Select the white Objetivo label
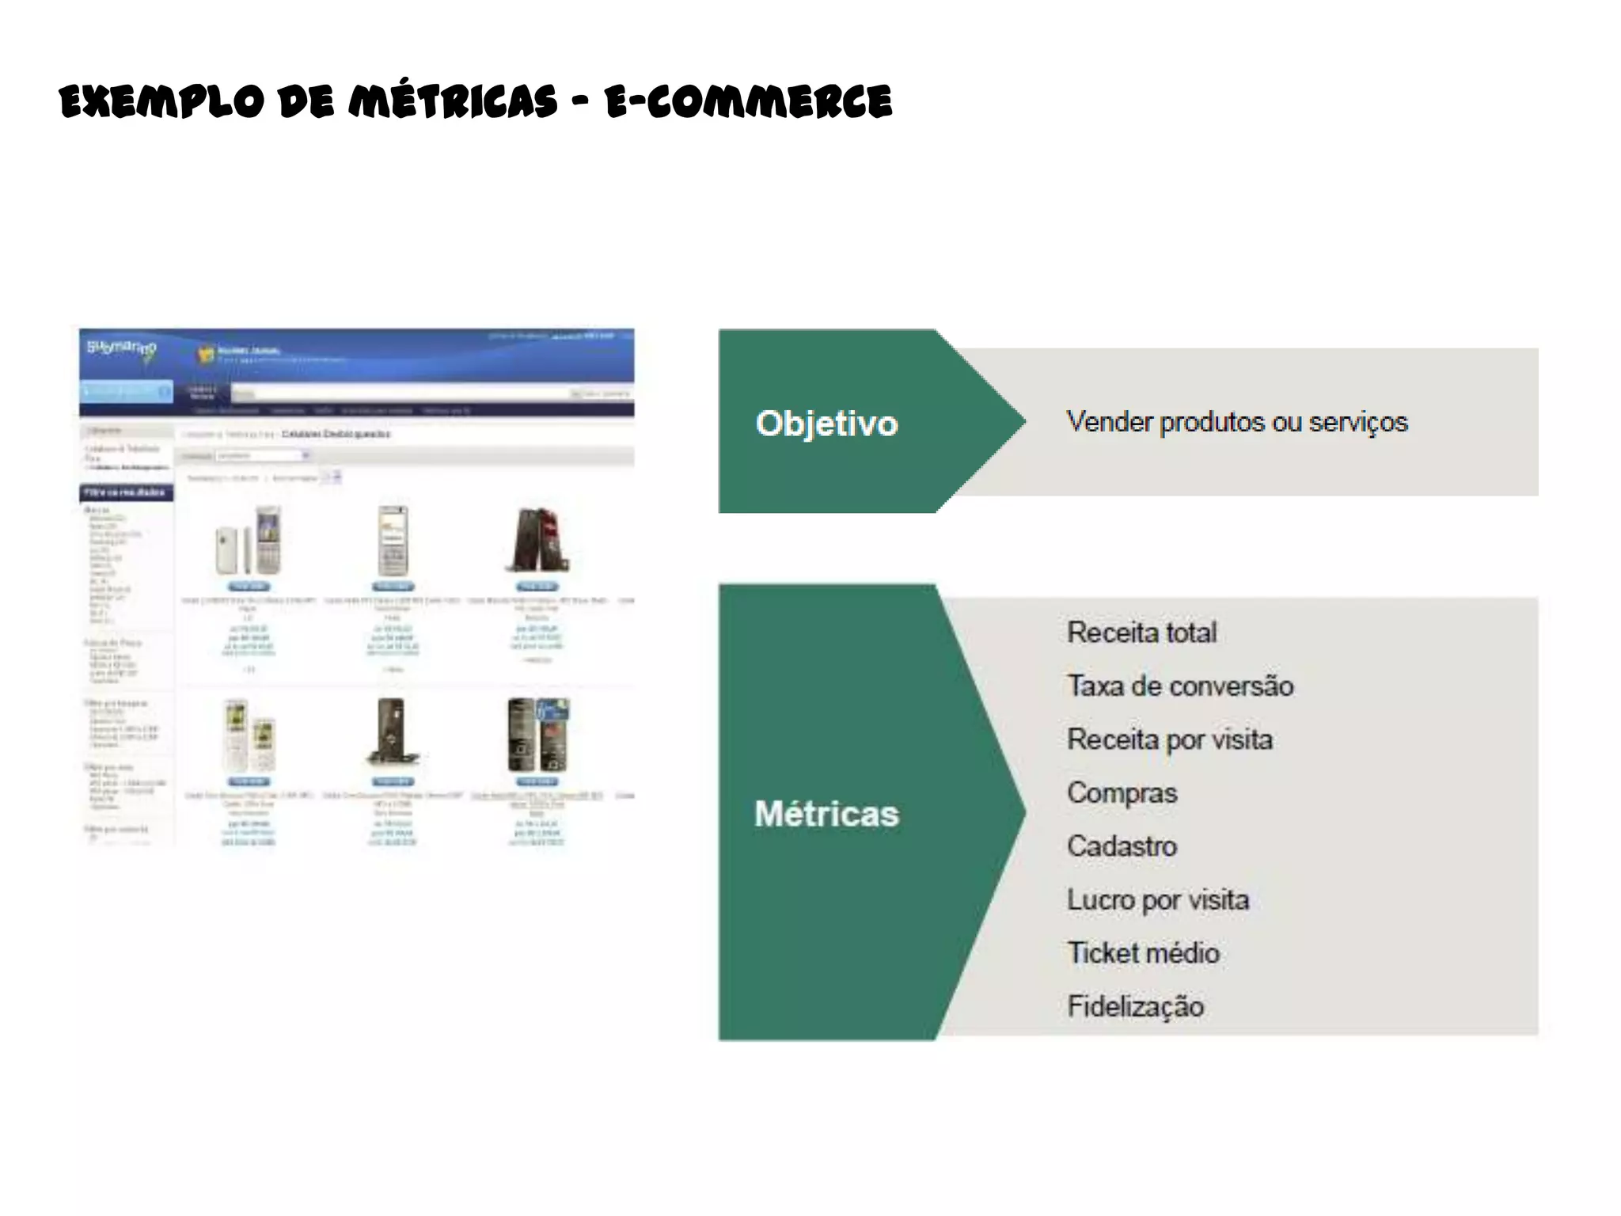click(x=826, y=424)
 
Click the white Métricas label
click(x=826, y=814)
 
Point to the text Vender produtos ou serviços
click(x=1236, y=422)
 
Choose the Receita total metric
click(x=1141, y=633)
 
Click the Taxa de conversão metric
click(x=1179, y=686)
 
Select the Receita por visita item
click(x=1169, y=739)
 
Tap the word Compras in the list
click(x=1122, y=792)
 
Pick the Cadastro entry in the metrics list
click(x=1122, y=846)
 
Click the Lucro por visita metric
click(x=1157, y=900)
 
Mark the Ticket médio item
click(x=1143, y=953)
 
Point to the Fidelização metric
click(x=1135, y=1006)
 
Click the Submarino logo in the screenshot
click(x=122, y=351)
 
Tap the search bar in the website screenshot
click(x=400, y=393)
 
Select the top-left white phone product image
click(x=249, y=541)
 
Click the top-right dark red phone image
click(x=537, y=540)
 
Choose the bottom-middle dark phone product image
click(x=393, y=733)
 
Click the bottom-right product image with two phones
click(x=537, y=735)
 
